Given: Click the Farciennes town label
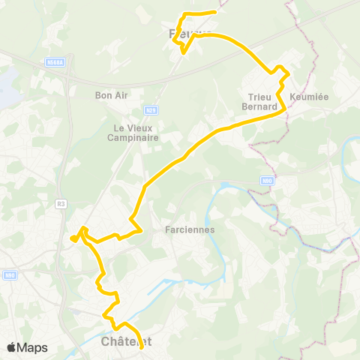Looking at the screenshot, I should (190, 230).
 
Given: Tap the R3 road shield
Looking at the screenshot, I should (61, 202).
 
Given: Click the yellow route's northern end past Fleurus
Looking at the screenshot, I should (216, 12).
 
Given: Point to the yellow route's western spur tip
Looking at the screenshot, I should (73, 239).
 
